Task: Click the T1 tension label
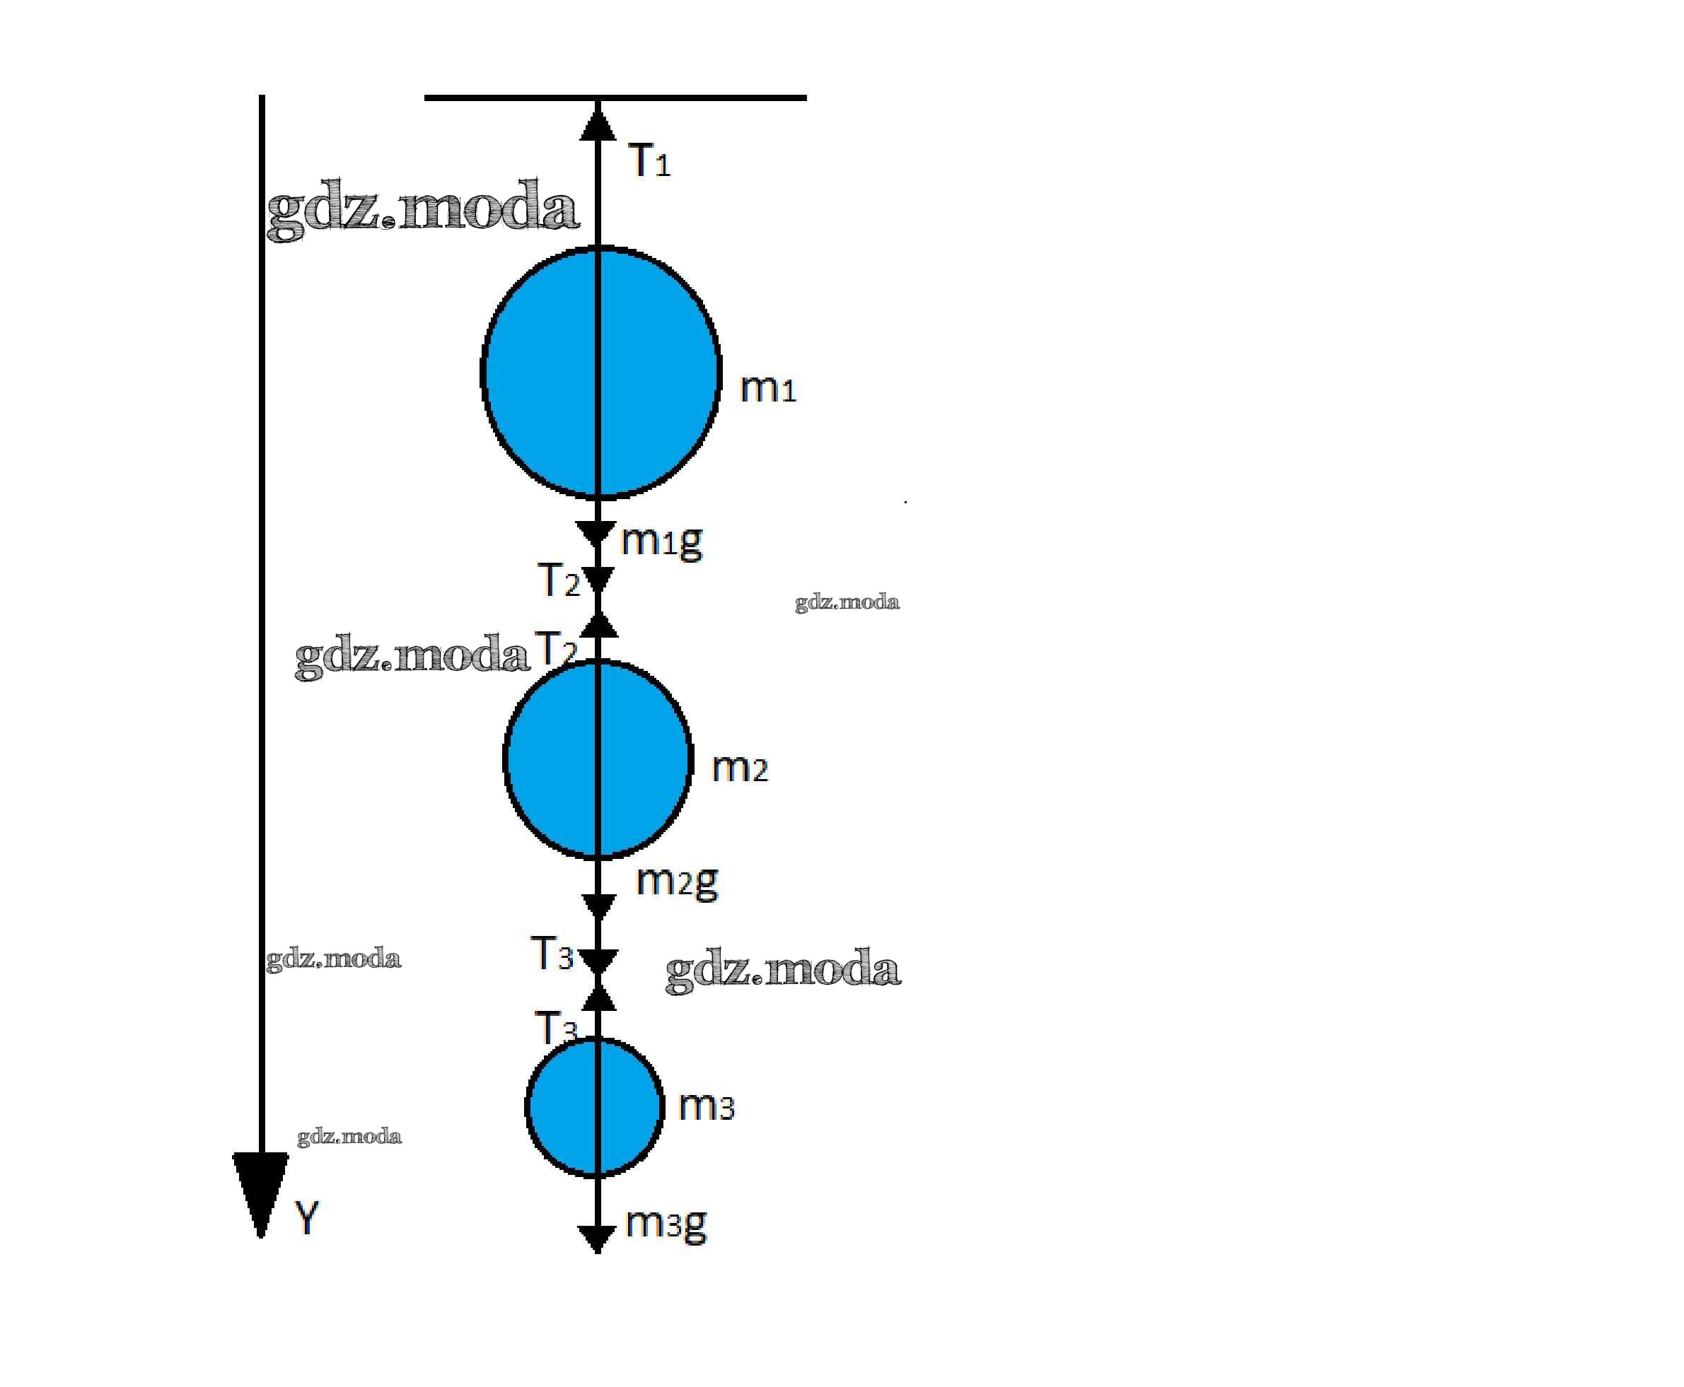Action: (x=649, y=160)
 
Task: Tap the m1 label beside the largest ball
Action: (x=768, y=388)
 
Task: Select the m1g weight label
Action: (x=662, y=541)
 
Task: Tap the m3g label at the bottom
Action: (x=666, y=1223)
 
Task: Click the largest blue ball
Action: (x=600, y=373)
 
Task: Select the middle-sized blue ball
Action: (x=598, y=759)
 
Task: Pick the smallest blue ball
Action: (x=595, y=1107)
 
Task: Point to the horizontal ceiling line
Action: (x=615, y=98)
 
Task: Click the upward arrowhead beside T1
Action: (x=597, y=124)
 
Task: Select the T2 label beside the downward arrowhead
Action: (x=559, y=580)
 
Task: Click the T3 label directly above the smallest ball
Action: (x=555, y=1026)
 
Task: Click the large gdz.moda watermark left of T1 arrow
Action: (x=422, y=209)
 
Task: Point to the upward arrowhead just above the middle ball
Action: (x=598, y=625)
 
